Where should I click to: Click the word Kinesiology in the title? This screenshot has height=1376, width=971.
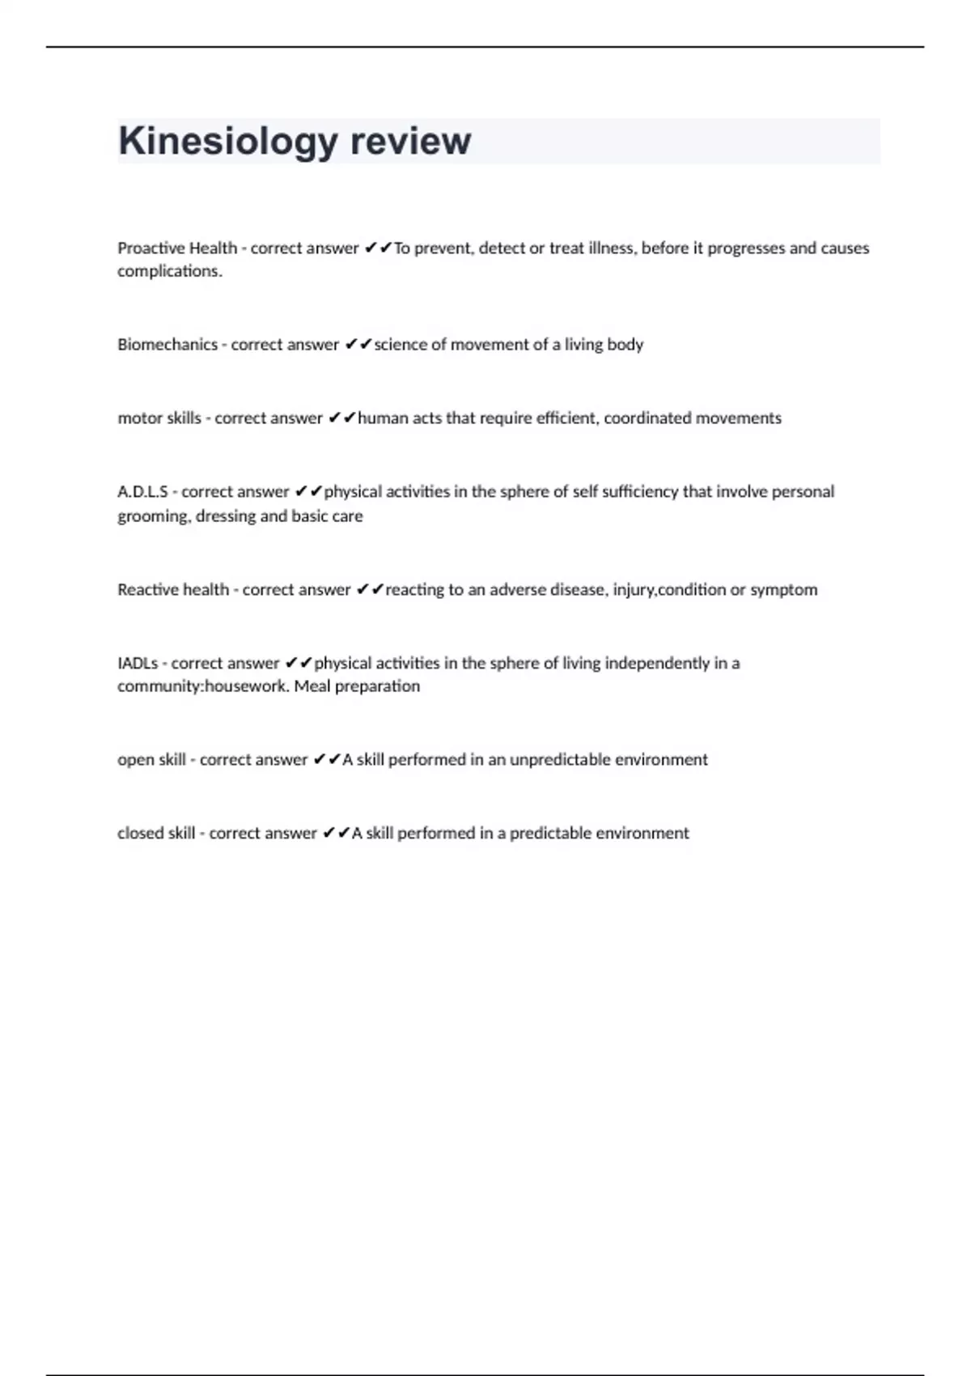pyautogui.click(x=227, y=142)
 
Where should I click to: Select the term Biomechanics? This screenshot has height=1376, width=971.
pyautogui.click(x=167, y=345)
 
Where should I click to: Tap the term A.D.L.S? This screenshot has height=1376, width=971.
pyautogui.click(x=142, y=492)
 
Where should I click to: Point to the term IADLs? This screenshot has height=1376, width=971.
pyautogui.click(x=138, y=664)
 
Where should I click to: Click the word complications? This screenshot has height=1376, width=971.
pyautogui.click(x=169, y=272)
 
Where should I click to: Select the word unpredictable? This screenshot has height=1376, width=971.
pyautogui.click(x=558, y=760)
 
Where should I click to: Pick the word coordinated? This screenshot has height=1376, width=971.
pyautogui.click(x=644, y=418)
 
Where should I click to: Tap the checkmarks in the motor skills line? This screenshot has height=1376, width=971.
pyautogui.click(x=341, y=418)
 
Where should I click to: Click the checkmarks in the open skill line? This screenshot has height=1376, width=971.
pyautogui.click(x=327, y=760)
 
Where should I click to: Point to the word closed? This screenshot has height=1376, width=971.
pyautogui.click(x=136, y=834)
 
